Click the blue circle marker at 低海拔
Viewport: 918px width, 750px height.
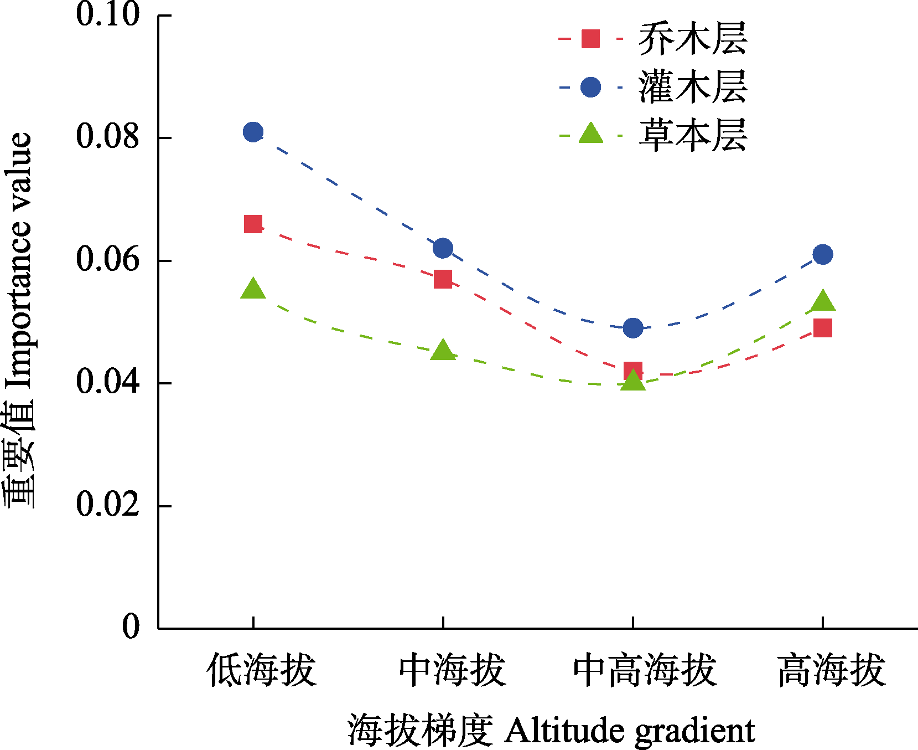pos(253,132)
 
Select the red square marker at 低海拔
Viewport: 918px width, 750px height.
pos(253,224)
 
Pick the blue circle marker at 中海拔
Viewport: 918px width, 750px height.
pos(443,248)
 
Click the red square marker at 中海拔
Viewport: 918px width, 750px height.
pos(443,279)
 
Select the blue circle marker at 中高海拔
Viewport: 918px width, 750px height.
pos(632,328)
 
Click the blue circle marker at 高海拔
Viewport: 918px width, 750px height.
pos(822,255)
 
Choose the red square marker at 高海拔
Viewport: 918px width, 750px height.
pos(822,328)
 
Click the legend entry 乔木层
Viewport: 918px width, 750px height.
pos(692,39)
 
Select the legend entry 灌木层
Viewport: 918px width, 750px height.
pos(692,87)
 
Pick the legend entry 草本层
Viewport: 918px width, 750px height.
pos(692,135)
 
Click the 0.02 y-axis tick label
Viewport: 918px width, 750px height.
pos(107,505)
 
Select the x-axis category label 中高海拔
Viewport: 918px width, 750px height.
pos(644,670)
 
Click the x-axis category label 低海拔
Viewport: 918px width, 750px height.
pos(261,670)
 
